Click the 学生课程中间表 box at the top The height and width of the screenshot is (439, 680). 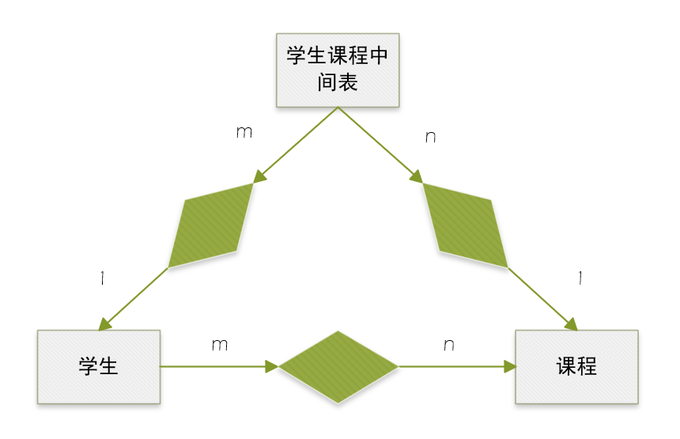(x=338, y=70)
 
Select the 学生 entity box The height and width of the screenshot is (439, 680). (x=99, y=367)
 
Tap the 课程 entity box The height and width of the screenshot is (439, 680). (x=576, y=367)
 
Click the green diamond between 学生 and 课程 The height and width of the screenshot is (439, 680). (x=338, y=367)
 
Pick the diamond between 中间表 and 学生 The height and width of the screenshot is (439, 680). (x=210, y=225)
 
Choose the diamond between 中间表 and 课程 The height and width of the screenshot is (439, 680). (x=466, y=225)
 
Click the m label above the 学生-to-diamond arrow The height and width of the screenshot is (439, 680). (x=220, y=345)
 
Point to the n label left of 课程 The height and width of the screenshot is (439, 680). (x=448, y=345)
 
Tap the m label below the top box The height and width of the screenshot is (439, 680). (x=244, y=132)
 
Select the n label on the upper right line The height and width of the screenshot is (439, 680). (x=430, y=137)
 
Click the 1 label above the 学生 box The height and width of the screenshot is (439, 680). (x=103, y=278)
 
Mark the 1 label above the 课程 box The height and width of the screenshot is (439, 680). (x=580, y=278)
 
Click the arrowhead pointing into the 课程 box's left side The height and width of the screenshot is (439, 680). (x=509, y=367)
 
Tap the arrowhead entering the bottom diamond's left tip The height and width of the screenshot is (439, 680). (x=272, y=367)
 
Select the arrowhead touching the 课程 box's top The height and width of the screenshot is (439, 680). (x=571, y=324)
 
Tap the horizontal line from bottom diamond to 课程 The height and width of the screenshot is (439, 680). (x=451, y=367)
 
